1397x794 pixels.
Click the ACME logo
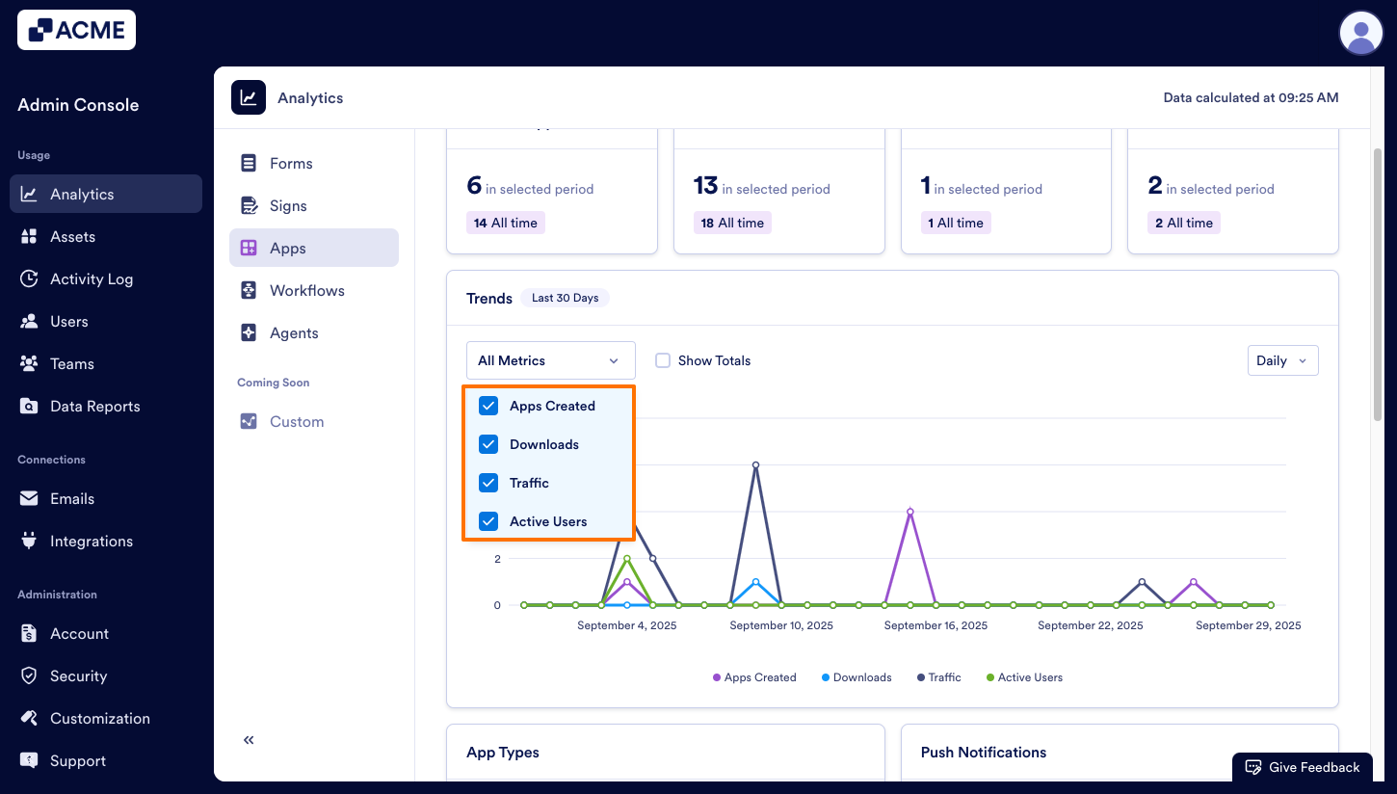click(77, 30)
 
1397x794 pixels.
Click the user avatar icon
click(1360, 33)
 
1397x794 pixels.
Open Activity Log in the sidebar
click(92, 279)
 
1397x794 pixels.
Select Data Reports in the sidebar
click(94, 407)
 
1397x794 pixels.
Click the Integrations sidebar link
click(91, 542)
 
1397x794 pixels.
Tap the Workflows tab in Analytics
click(306, 291)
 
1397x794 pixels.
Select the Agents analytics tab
click(294, 333)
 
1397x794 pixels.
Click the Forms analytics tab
click(291, 164)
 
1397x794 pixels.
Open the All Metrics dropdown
click(550, 360)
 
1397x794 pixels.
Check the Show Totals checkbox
click(663, 360)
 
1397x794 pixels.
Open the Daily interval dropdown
click(1281, 360)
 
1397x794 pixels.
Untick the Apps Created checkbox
click(489, 406)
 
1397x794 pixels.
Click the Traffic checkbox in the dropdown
click(489, 483)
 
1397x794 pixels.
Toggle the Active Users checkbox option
click(489, 521)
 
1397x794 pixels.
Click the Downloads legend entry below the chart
click(857, 677)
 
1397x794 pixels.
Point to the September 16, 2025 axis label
click(936, 625)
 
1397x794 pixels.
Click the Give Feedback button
click(1303, 767)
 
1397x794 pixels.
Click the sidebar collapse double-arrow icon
click(249, 740)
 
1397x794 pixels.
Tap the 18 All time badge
click(732, 223)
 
